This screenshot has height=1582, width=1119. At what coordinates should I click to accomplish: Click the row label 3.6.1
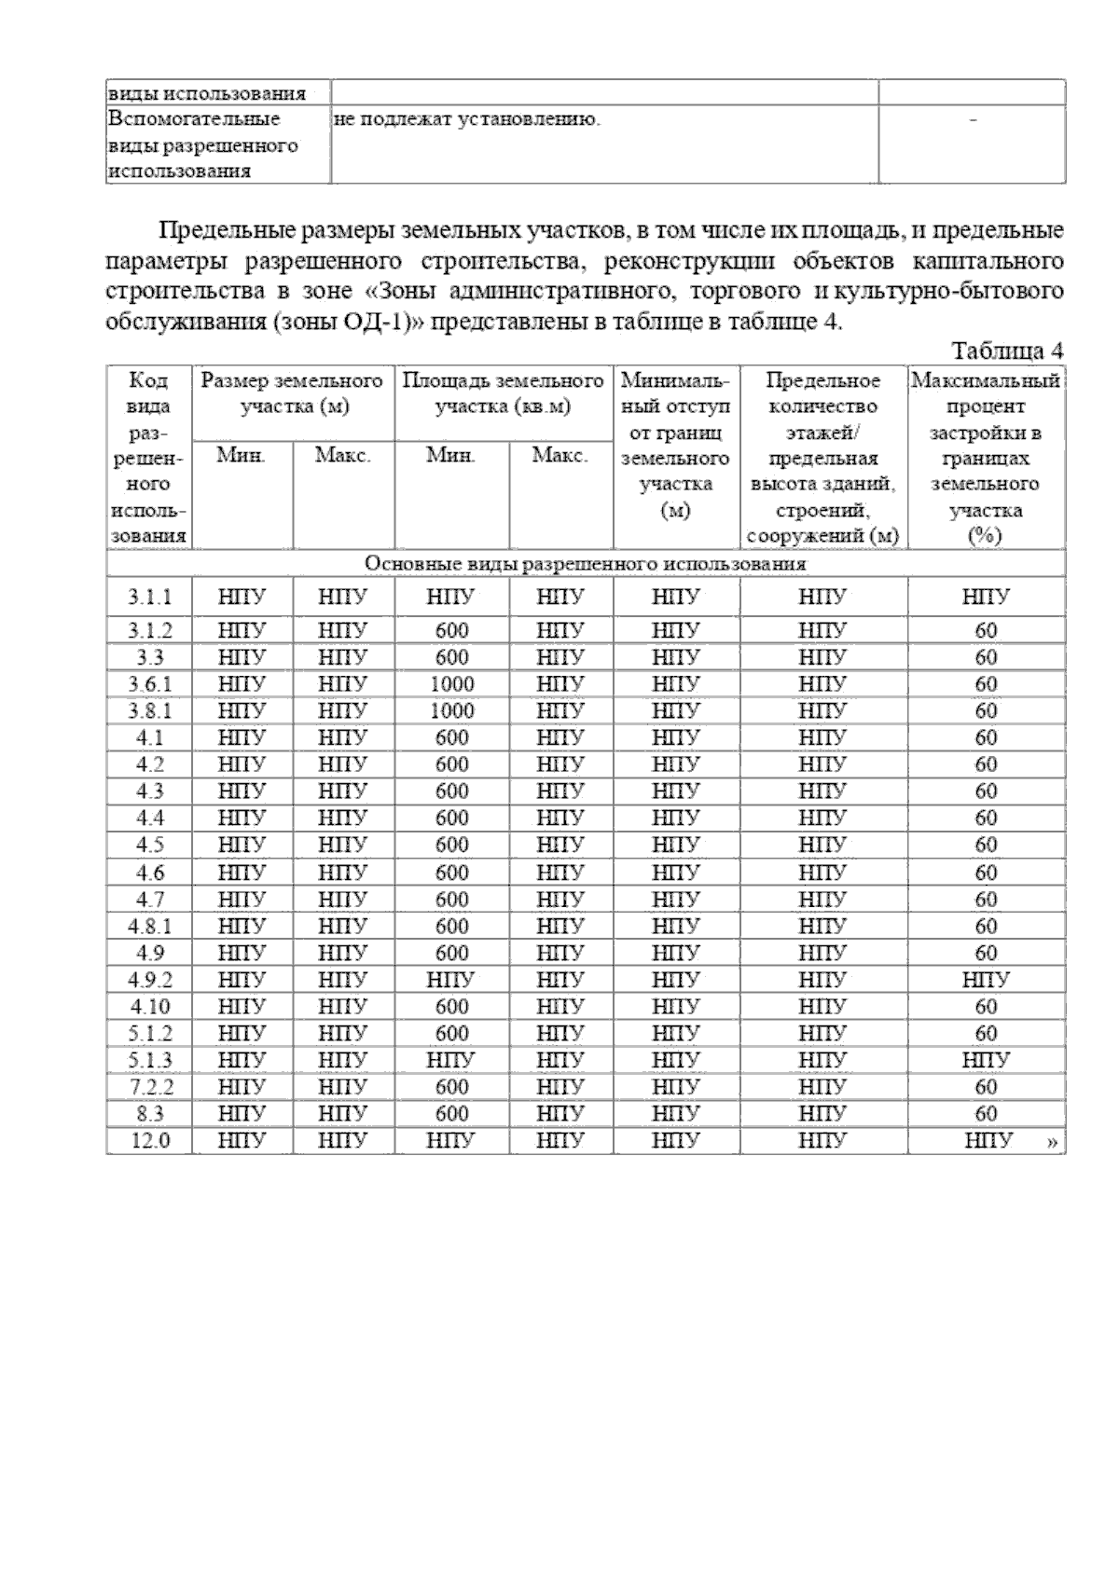tap(149, 684)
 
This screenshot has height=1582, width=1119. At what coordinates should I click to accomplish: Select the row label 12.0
tap(149, 1140)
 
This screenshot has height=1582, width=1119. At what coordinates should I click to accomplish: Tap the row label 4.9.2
tap(149, 980)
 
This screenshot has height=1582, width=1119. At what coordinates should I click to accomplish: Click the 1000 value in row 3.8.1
tap(451, 711)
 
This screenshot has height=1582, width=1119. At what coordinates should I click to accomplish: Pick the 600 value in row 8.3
tap(451, 1113)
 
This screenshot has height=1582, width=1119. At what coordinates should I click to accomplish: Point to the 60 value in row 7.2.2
tap(986, 1087)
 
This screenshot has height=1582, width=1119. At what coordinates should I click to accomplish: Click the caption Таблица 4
tap(1006, 351)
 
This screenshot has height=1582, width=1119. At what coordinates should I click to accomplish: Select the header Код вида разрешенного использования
tap(149, 458)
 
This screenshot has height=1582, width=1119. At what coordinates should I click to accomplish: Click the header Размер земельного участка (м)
tap(292, 393)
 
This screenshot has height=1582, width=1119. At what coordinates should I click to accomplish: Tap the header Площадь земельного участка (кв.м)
tap(503, 393)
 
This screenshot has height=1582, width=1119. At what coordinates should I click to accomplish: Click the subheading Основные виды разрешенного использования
tap(585, 564)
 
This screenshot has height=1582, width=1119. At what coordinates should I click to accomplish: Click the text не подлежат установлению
tap(466, 119)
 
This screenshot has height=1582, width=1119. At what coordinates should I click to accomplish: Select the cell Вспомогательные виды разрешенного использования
tap(203, 145)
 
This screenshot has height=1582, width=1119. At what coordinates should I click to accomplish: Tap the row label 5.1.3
tap(149, 1060)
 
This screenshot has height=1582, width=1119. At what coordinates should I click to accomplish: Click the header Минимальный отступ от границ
tap(676, 446)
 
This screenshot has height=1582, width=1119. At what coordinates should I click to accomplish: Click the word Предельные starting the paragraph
tap(214, 229)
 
